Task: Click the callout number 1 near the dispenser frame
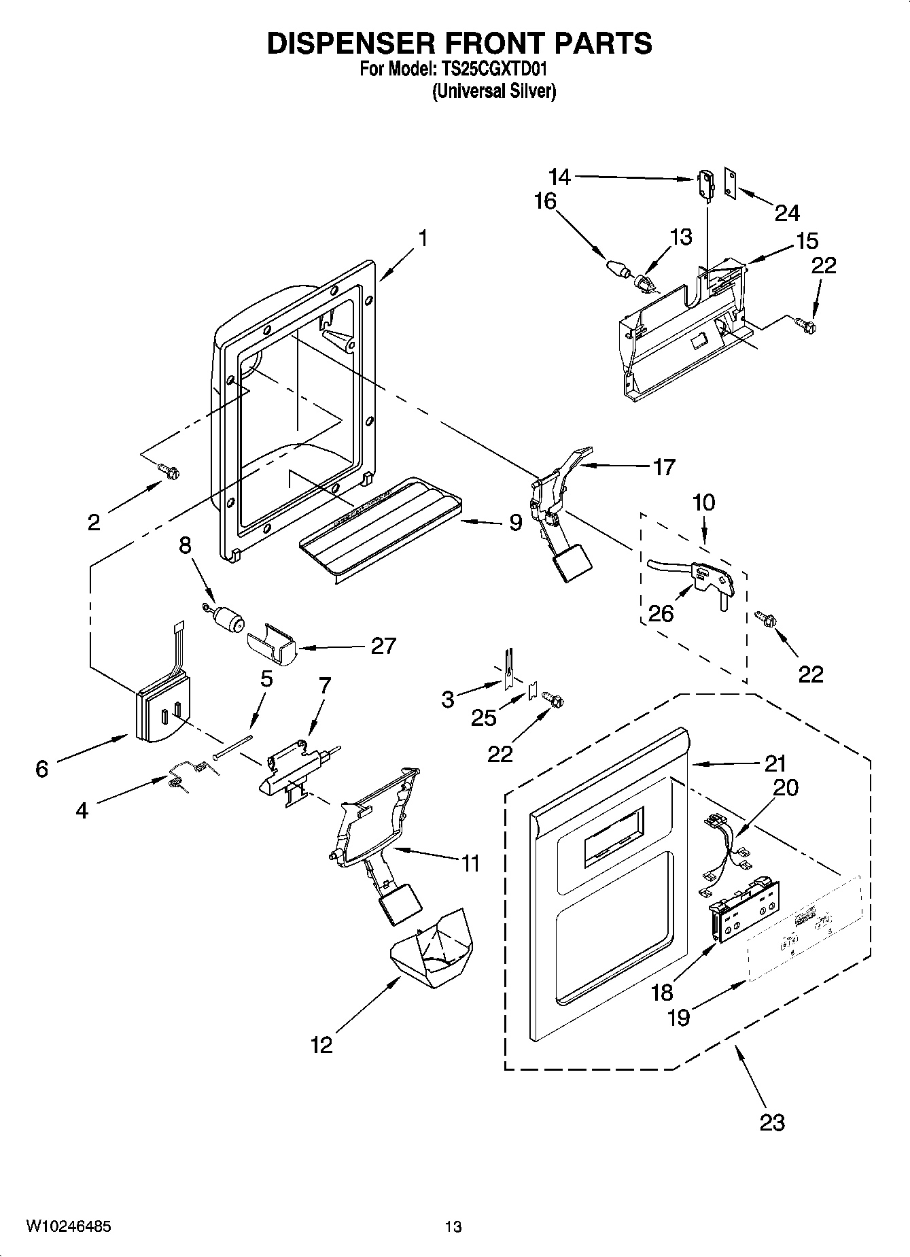(x=423, y=239)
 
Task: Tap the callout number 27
(x=383, y=645)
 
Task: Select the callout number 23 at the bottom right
(x=772, y=1122)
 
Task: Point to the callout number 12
(x=321, y=1044)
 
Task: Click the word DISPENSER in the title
(x=349, y=43)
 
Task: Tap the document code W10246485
(x=69, y=1226)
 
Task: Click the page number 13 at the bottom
(x=453, y=1226)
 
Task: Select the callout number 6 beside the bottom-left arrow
(x=41, y=768)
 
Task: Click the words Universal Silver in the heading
(x=494, y=91)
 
